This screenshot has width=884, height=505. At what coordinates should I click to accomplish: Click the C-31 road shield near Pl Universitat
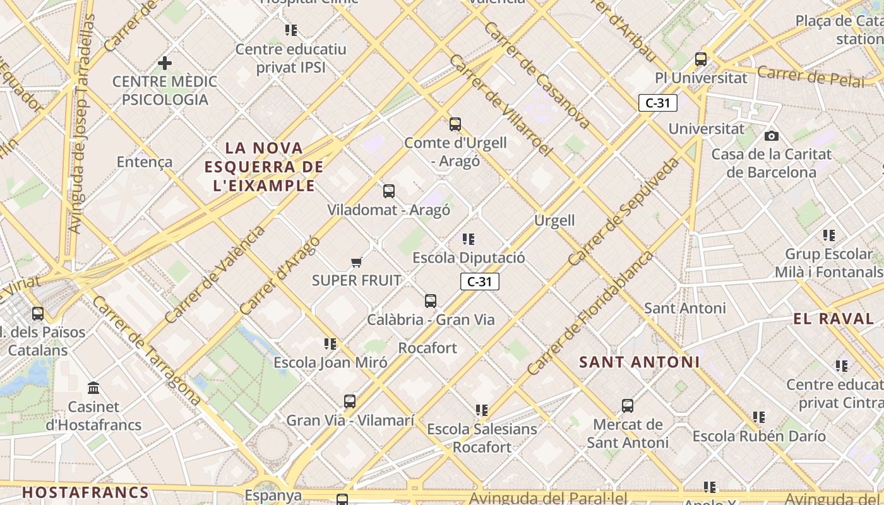coord(657,103)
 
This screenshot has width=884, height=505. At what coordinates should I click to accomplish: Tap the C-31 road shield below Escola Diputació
coord(480,282)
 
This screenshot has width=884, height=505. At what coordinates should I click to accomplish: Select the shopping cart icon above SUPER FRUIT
coord(356,262)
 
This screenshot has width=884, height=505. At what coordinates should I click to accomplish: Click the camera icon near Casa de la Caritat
coord(771,136)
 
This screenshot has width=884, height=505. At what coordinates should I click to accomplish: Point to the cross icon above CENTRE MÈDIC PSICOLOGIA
coord(165,63)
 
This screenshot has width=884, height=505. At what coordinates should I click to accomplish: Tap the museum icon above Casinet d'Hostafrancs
coord(94,388)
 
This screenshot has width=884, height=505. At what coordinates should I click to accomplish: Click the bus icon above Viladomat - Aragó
coord(389,191)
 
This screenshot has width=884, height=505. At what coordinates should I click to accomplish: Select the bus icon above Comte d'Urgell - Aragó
coord(455,124)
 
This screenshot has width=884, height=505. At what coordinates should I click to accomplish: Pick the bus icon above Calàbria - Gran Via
coord(431,300)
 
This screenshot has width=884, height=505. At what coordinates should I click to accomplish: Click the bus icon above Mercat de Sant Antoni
coord(627,405)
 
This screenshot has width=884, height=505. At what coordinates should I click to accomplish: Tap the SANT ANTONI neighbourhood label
coord(640,362)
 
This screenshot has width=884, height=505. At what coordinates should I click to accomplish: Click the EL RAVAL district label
coord(833,319)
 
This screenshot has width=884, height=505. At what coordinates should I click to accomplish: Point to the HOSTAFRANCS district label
coord(86,492)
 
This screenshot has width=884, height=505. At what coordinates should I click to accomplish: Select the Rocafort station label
coord(427,348)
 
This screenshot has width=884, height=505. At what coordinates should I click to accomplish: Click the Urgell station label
coord(554,220)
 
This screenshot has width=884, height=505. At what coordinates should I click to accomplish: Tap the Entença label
coord(145,162)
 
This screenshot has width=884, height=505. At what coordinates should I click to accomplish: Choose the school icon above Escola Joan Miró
coord(330,343)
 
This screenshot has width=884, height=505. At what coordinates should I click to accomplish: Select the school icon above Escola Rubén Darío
coord(759,417)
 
